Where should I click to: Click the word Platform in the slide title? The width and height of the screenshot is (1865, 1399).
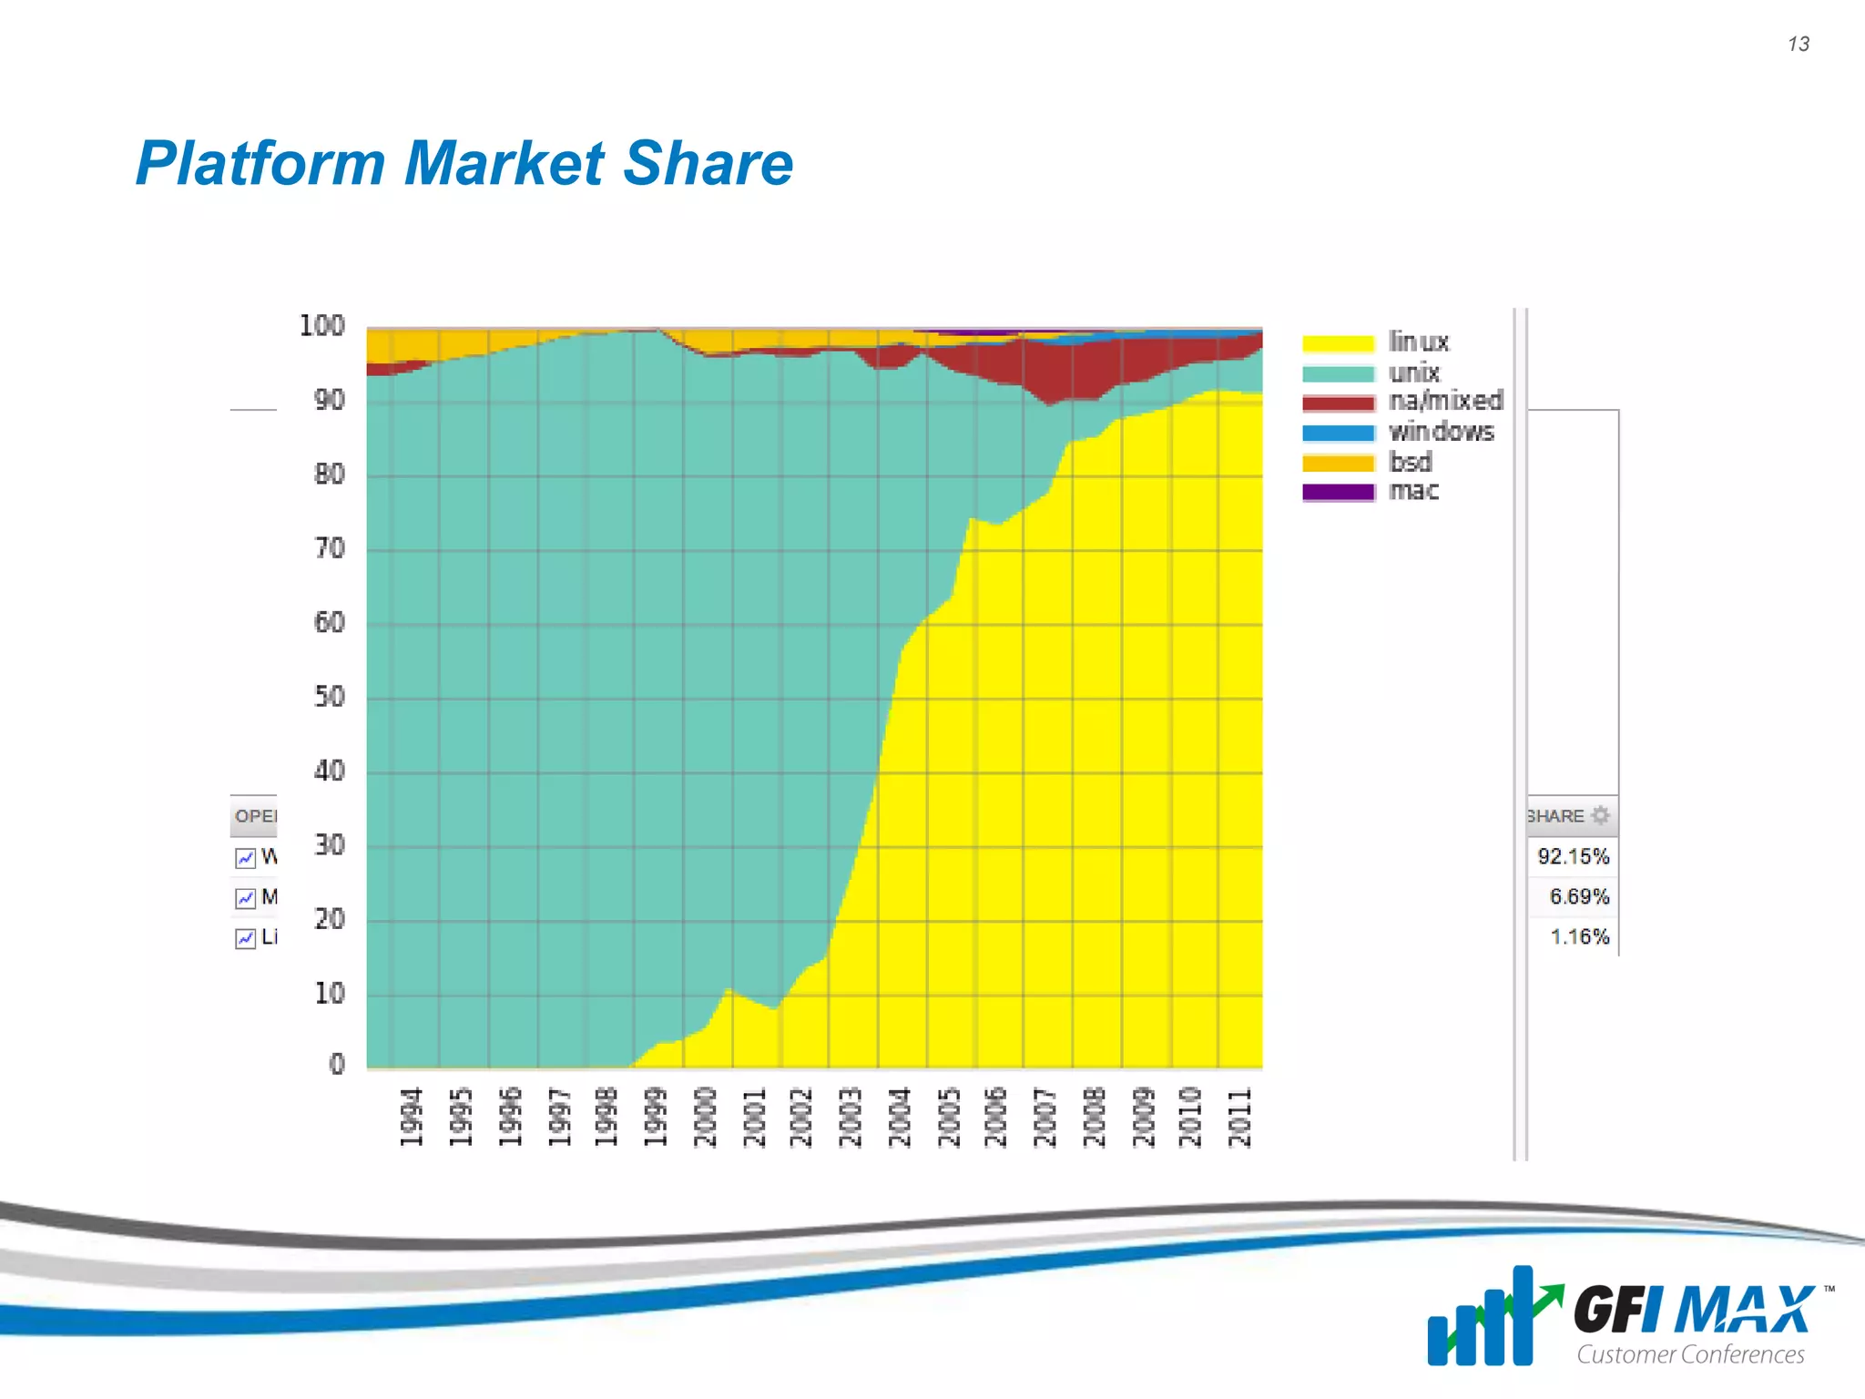click(x=262, y=164)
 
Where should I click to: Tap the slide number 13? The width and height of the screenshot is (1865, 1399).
click(x=1799, y=44)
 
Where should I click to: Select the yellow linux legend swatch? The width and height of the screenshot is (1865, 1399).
click(x=1338, y=343)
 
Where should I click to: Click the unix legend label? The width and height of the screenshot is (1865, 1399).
click(x=1414, y=373)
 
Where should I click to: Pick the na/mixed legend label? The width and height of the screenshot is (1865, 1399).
click(x=1445, y=401)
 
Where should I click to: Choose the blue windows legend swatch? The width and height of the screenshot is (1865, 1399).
click(x=1338, y=433)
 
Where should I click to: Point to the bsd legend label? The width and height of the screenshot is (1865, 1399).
click(x=1411, y=462)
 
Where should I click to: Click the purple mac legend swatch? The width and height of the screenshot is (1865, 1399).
click(x=1338, y=492)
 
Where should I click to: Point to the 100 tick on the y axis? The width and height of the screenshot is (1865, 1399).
click(x=321, y=326)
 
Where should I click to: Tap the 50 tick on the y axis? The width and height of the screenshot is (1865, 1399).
click(x=329, y=697)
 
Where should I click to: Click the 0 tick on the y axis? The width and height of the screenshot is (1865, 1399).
click(x=337, y=1064)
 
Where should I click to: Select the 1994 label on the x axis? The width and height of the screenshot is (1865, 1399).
click(x=412, y=1117)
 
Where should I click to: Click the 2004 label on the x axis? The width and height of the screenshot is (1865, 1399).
click(x=900, y=1117)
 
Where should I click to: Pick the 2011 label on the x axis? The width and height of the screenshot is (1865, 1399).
click(x=1240, y=1117)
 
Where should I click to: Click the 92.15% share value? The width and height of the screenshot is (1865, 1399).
click(x=1573, y=856)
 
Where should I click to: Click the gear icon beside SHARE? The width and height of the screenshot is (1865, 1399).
click(x=1600, y=815)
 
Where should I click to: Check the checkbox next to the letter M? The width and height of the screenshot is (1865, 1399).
click(x=245, y=898)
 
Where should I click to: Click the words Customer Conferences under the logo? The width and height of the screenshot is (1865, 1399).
click(x=1690, y=1354)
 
